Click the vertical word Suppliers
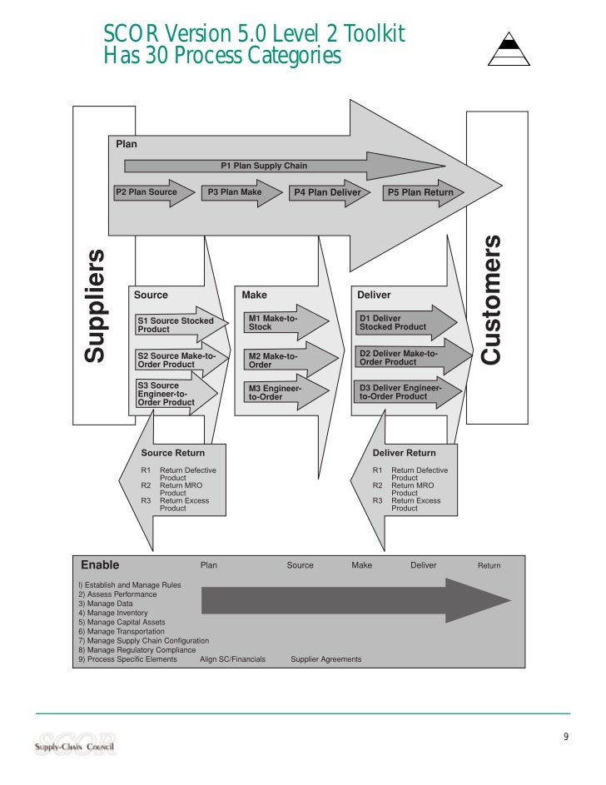point(97,305)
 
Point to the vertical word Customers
point(492,300)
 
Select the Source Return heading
point(172,453)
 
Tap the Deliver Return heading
point(404,453)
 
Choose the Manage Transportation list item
point(122,632)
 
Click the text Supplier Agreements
point(325,659)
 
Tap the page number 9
point(566,737)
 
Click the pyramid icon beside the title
point(509,47)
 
